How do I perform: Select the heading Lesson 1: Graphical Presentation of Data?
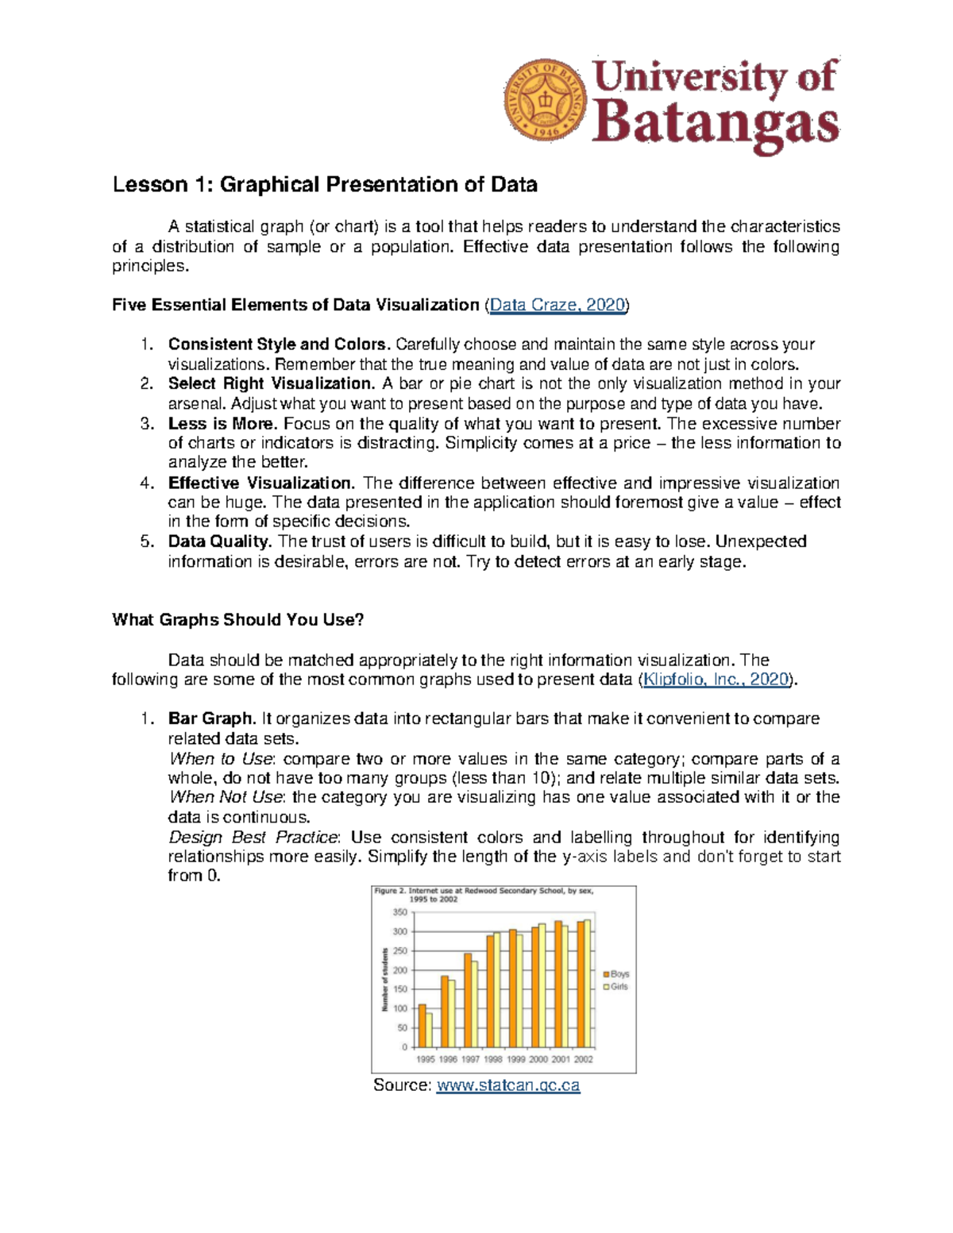click(325, 185)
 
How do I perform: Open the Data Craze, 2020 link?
click(558, 305)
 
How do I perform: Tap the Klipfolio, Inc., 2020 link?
click(716, 680)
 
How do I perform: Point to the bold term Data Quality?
click(220, 541)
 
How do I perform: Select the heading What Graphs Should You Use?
click(237, 620)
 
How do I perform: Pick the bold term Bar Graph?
click(212, 719)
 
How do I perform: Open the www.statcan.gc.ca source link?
click(508, 1085)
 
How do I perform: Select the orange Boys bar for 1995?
click(422, 1026)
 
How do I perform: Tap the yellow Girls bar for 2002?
click(588, 983)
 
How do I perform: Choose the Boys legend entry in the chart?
click(616, 974)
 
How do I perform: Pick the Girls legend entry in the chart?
click(615, 987)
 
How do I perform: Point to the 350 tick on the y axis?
click(399, 913)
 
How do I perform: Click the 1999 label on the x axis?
click(516, 1059)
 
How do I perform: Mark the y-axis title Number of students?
click(385, 980)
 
